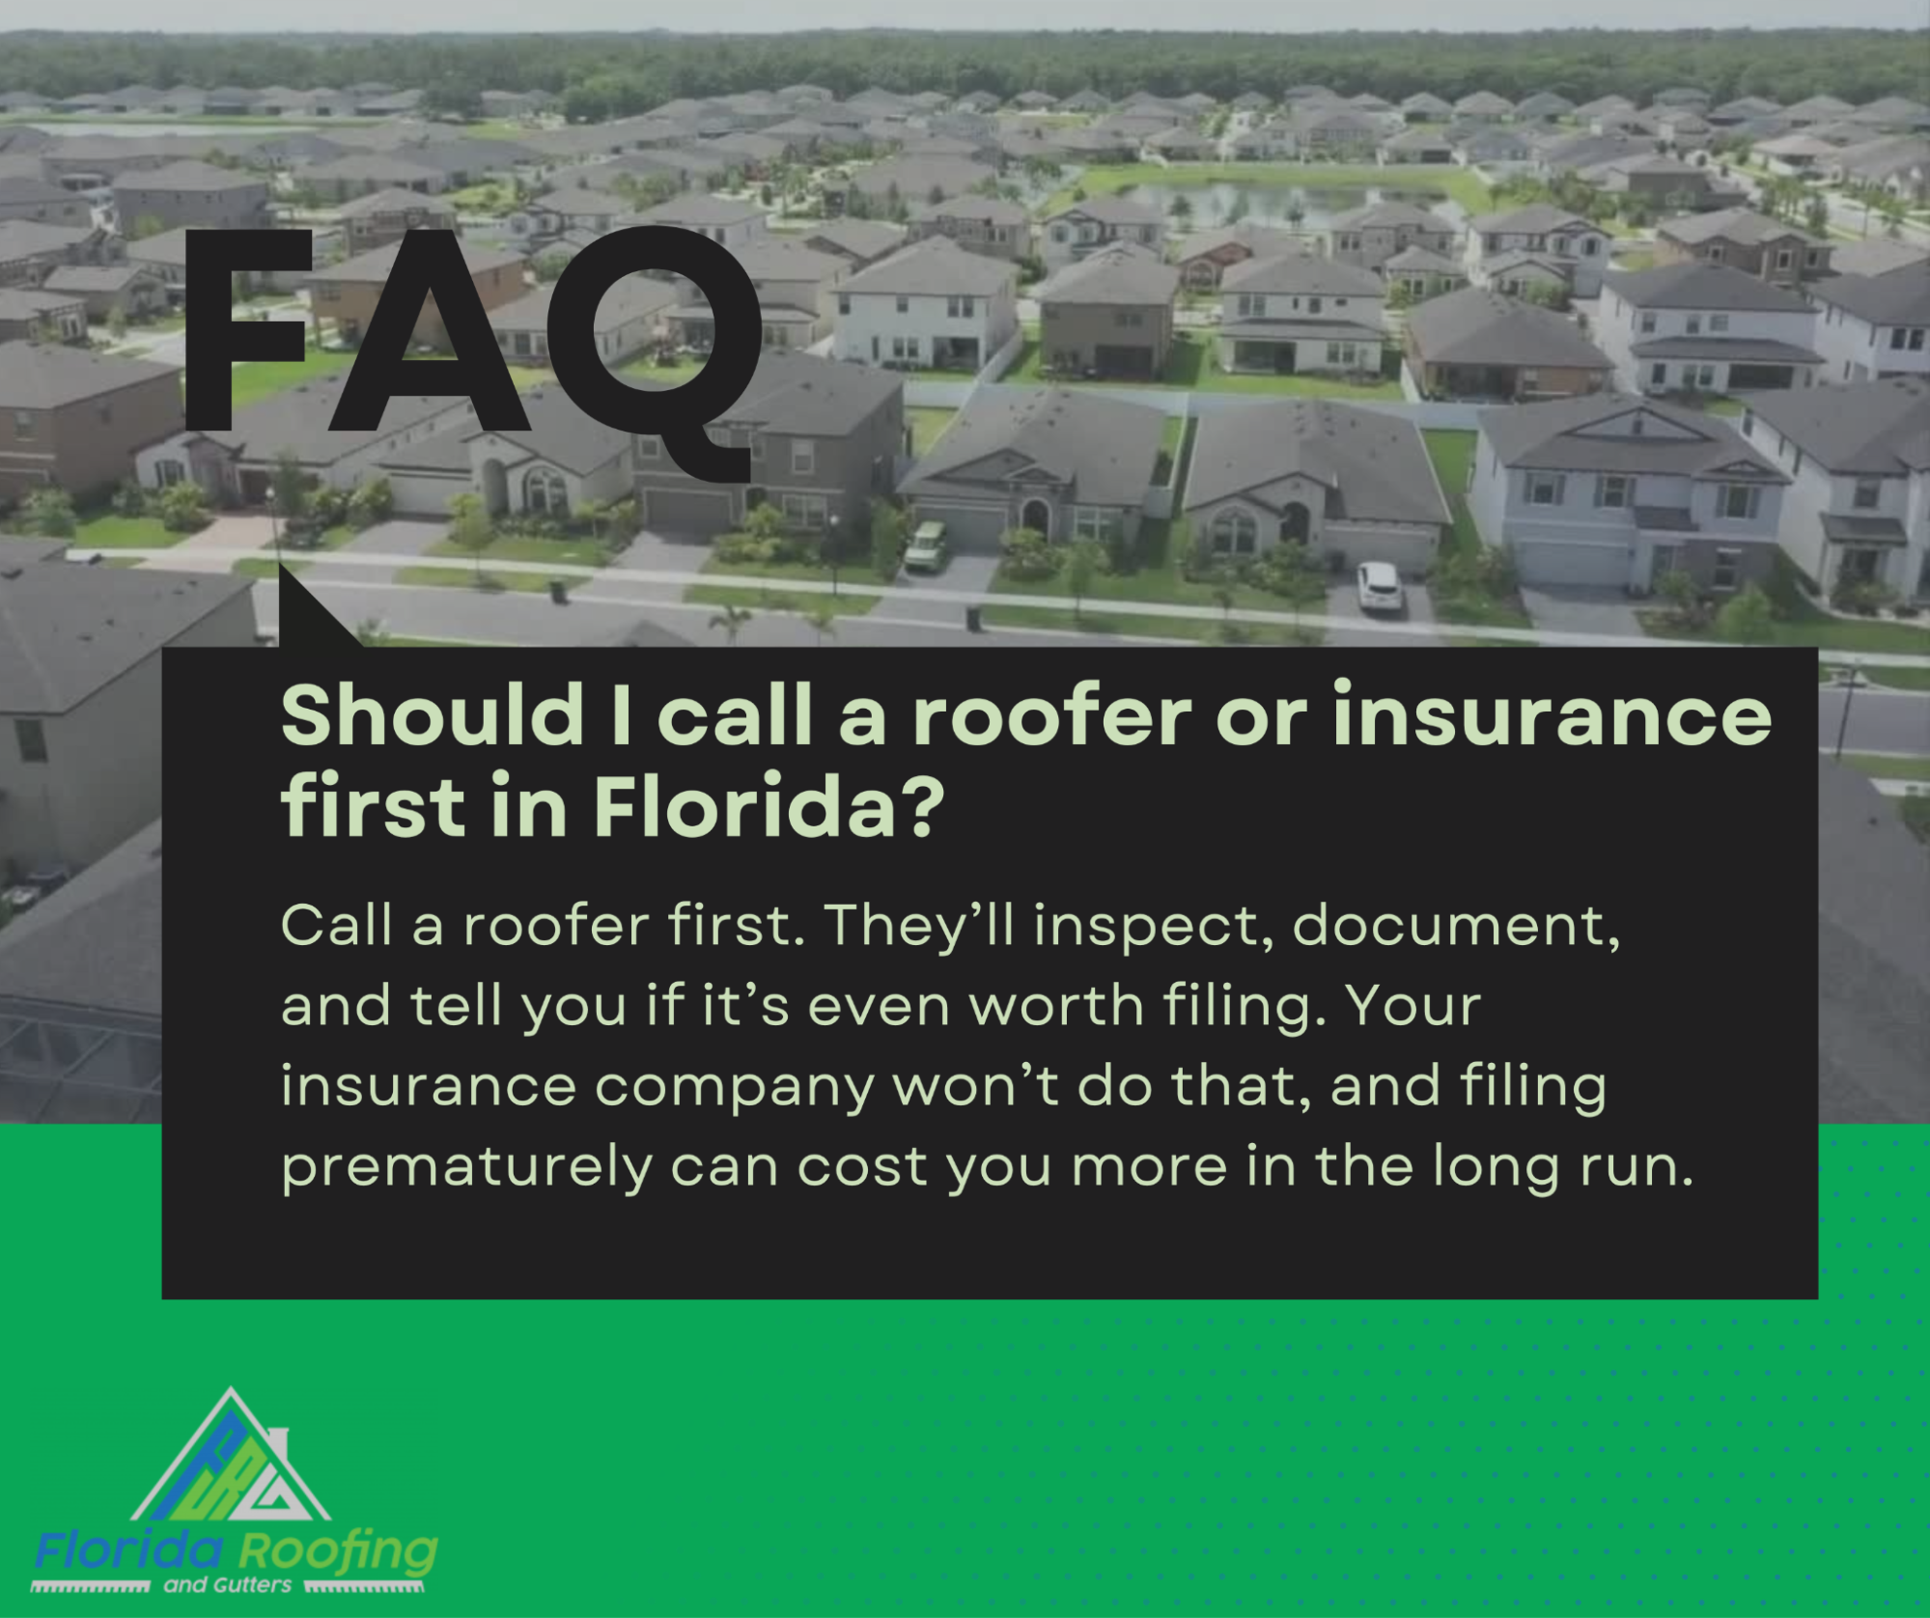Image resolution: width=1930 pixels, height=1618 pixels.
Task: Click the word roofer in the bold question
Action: pyautogui.click(x=1052, y=716)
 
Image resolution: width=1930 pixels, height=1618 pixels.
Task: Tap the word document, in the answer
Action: pyautogui.click(x=1456, y=926)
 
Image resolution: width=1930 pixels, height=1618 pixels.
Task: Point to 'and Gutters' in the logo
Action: pyautogui.click(x=228, y=1585)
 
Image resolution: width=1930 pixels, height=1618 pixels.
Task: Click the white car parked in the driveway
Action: pyautogui.click(x=1378, y=585)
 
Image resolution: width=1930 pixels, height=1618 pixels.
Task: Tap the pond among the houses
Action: pyautogui.click(x=1284, y=202)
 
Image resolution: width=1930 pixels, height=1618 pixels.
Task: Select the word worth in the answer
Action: pyautogui.click(x=1056, y=1006)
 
